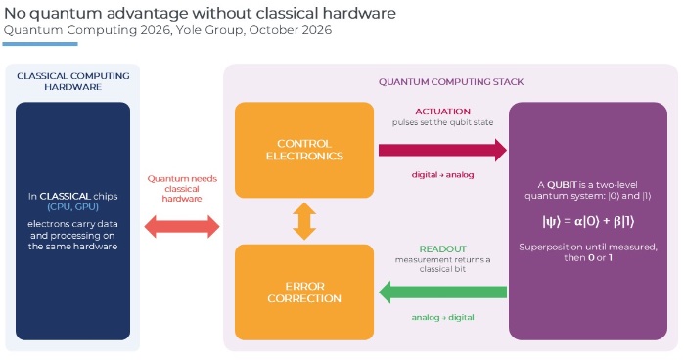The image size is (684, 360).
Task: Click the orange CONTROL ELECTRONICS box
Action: [x=304, y=150]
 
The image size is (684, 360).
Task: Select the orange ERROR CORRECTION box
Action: [x=304, y=292]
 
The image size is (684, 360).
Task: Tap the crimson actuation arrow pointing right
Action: [x=442, y=150]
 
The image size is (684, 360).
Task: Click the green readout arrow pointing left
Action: [x=442, y=292]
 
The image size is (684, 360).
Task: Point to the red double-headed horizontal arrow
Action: [x=182, y=227]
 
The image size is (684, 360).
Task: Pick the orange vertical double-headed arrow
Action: [x=304, y=221]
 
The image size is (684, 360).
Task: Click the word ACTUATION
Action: [x=442, y=112]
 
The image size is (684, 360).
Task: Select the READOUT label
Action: [x=442, y=248]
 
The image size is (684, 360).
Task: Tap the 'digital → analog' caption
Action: [x=442, y=174]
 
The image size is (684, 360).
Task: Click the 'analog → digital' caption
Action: [x=442, y=317]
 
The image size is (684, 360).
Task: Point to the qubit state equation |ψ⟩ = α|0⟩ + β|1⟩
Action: [x=588, y=221]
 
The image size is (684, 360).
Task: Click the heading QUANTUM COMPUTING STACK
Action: [x=451, y=81]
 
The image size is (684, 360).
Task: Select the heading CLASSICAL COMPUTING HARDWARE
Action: [x=72, y=81]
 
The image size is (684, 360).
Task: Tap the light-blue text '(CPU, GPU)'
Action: [x=72, y=206]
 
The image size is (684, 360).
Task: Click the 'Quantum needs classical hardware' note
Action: [x=182, y=189]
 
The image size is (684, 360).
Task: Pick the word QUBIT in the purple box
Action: [x=562, y=184]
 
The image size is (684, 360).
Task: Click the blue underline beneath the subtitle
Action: [x=40, y=44]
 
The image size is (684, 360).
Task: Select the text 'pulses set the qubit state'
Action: [x=442, y=122]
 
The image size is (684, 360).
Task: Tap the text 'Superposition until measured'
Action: [x=587, y=247]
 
